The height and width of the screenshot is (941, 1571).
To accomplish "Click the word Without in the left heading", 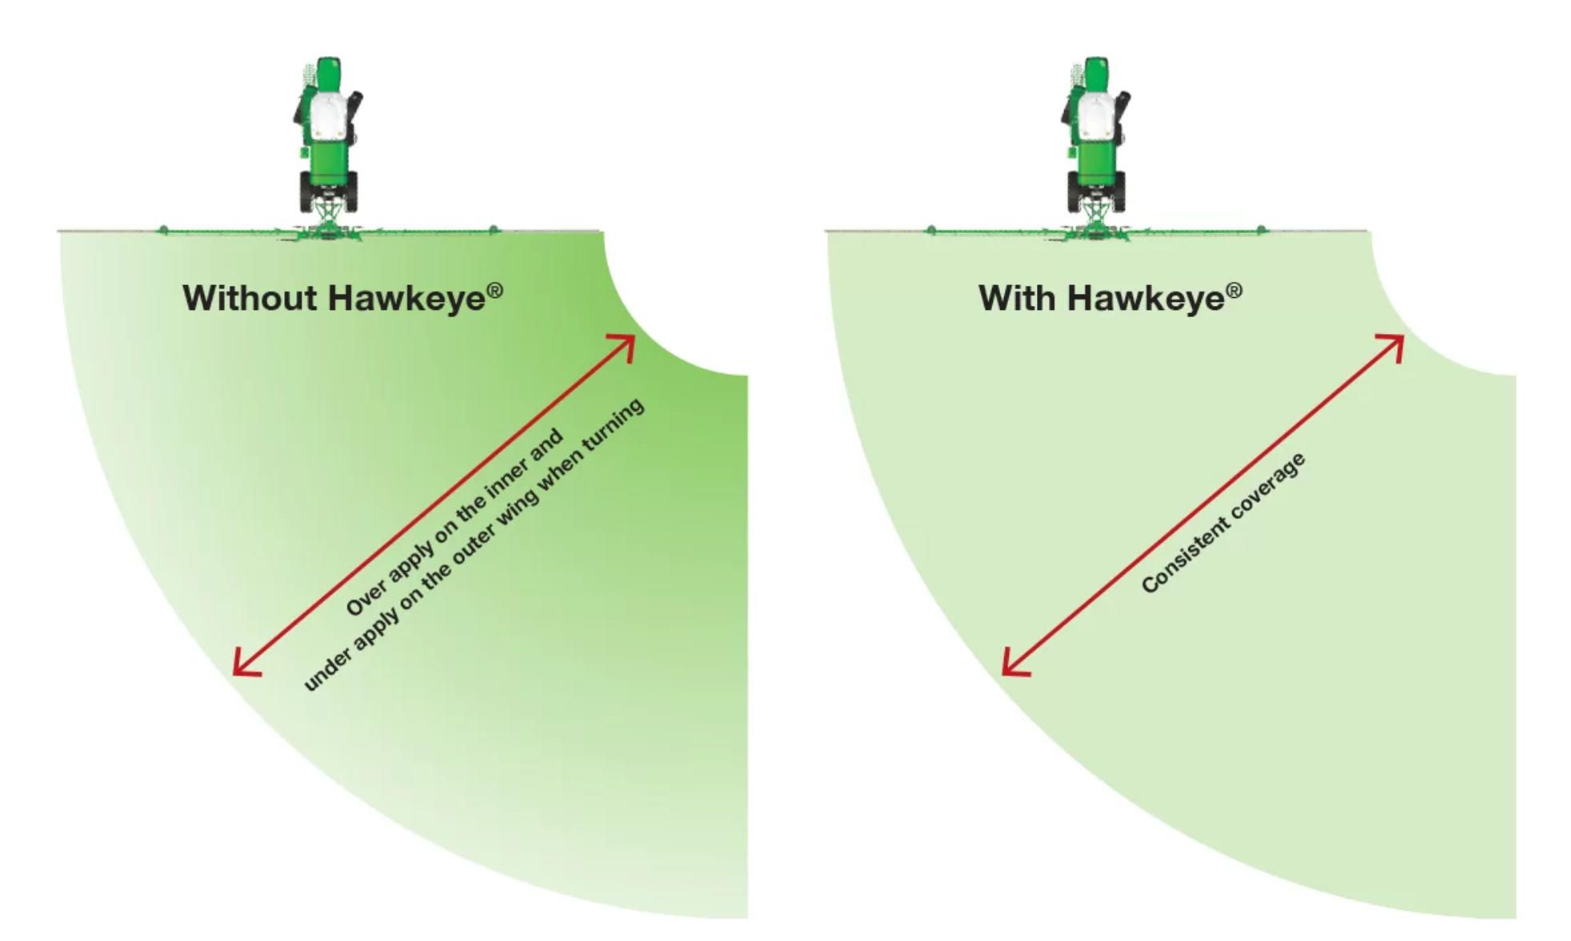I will click(250, 298).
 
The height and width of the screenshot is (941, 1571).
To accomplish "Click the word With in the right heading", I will click(1016, 298).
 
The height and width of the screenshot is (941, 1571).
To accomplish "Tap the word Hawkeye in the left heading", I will click(406, 298).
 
